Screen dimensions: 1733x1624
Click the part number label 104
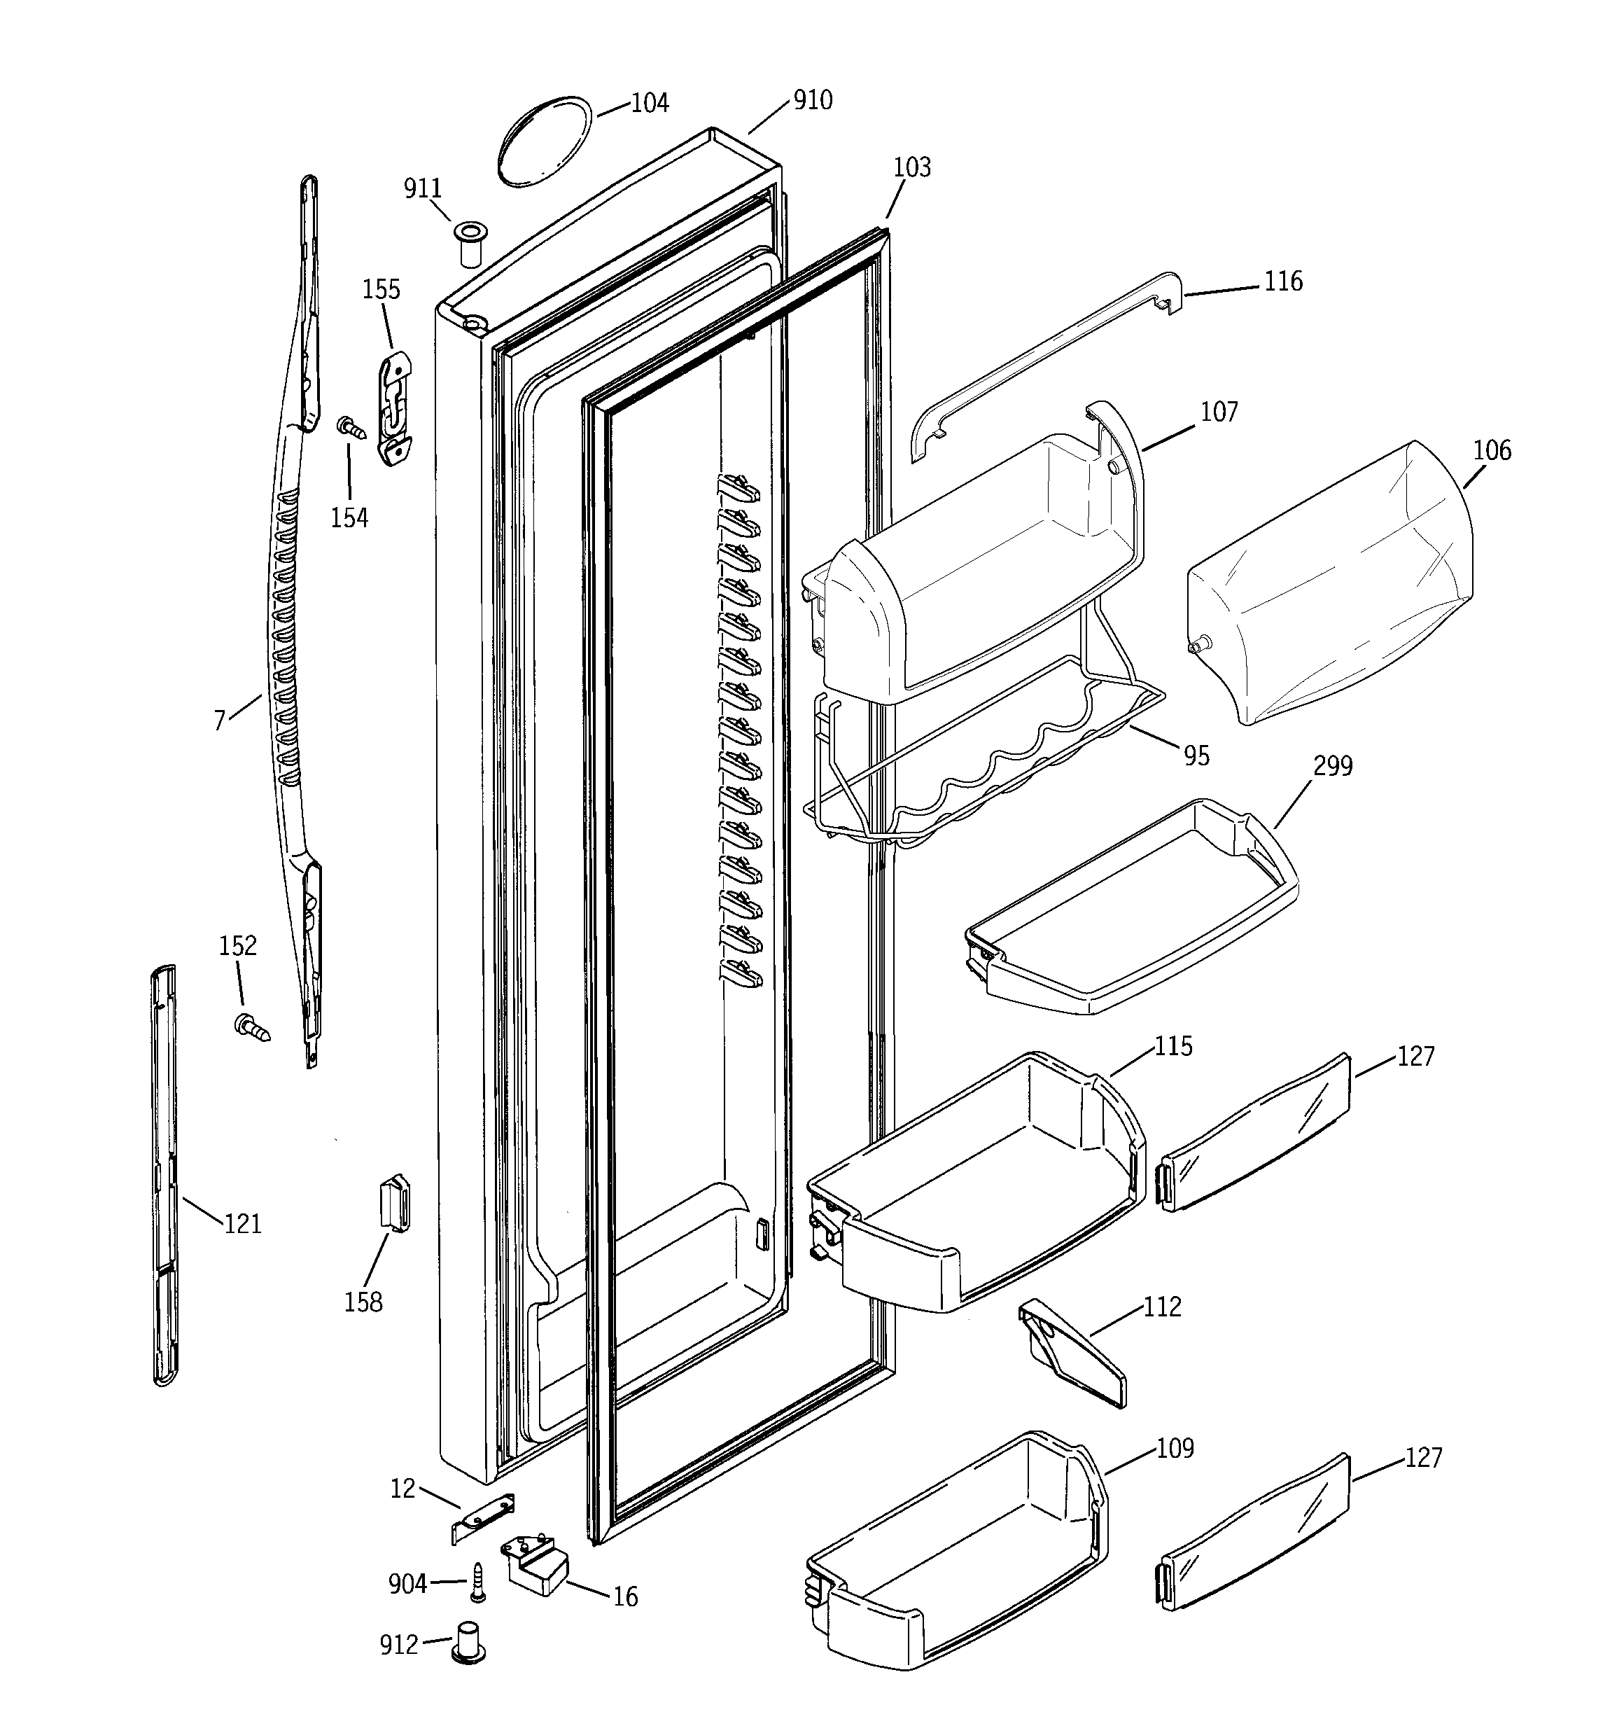650,103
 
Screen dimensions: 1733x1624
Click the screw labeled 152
251,1027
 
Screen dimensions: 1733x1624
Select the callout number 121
242,1224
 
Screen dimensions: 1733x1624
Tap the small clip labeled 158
395,1203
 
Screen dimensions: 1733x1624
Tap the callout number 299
1332,766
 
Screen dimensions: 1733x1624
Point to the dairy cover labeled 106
1329,584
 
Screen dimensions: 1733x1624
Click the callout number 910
813,100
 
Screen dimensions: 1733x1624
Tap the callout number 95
1196,756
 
